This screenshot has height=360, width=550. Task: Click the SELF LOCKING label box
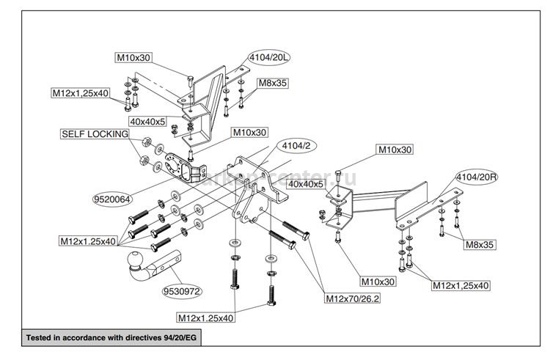click(x=95, y=134)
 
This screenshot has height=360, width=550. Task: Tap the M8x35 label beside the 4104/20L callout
click(x=271, y=84)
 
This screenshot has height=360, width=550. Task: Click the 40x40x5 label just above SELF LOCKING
click(x=147, y=120)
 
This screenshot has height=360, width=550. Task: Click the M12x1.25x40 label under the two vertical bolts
click(x=206, y=317)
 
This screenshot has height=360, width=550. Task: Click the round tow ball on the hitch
click(x=137, y=261)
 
